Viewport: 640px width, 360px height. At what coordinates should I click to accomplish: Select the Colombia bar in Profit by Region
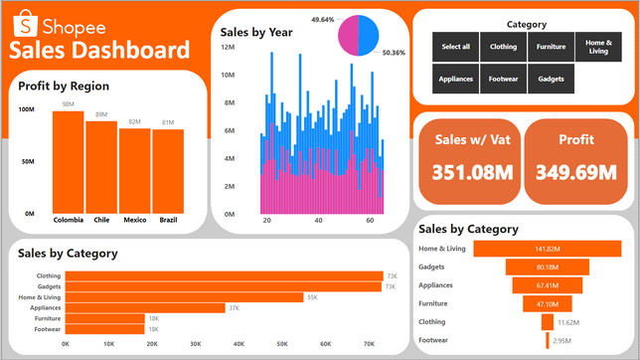[69, 162]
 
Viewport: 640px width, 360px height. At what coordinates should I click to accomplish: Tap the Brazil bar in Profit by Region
[168, 172]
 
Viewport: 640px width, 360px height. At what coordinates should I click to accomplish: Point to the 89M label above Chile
[101, 114]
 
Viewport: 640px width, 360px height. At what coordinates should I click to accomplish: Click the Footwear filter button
[503, 79]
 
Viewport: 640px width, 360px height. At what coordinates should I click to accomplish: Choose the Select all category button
[455, 47]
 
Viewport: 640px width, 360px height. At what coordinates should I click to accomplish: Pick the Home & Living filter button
[598, 47]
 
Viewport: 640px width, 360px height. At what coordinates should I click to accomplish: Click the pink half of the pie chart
[348, 36]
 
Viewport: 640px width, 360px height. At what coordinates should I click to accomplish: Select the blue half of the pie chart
[369, 36]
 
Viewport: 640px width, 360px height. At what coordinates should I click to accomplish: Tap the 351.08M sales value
[472, 172]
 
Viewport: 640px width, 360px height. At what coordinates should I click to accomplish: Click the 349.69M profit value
[576, 172]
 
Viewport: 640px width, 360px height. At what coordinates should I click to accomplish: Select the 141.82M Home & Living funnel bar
[548, 249]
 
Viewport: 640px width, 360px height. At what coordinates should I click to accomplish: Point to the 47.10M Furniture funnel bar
[548, 304]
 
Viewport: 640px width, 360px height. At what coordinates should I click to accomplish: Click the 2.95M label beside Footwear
[562, 341]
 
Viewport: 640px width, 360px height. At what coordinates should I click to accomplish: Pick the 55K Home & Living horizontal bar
[184, 297]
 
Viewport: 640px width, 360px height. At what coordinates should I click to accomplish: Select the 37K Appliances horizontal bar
[145, 307]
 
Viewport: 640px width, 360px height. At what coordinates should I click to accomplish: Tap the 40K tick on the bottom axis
[239, 344]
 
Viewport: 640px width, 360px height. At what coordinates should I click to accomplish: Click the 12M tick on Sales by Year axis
[228, 47]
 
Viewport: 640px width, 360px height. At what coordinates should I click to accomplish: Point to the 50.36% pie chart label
[394, 53]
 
